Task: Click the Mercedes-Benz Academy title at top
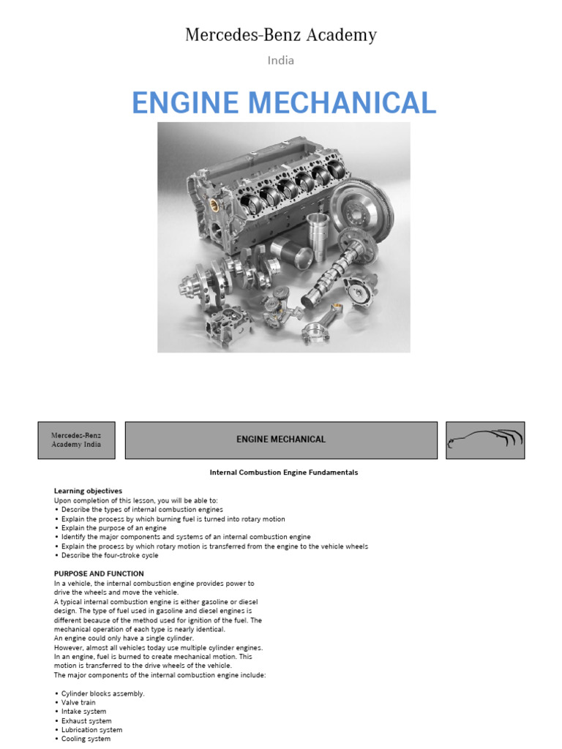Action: [281, 34]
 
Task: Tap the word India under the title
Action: [281, 61]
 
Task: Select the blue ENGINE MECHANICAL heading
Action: [284, 102]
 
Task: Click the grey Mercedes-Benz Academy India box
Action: [76, 440]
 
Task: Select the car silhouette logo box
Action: [485, 440]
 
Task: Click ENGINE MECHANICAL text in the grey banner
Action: [281, 440]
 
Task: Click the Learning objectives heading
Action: [88, 491]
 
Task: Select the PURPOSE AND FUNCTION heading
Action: [99, 573]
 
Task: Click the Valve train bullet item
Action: [78, 702]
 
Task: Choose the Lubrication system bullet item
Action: [91, 729]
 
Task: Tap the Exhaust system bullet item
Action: [86, 720]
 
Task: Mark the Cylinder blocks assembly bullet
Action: [102, 693]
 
